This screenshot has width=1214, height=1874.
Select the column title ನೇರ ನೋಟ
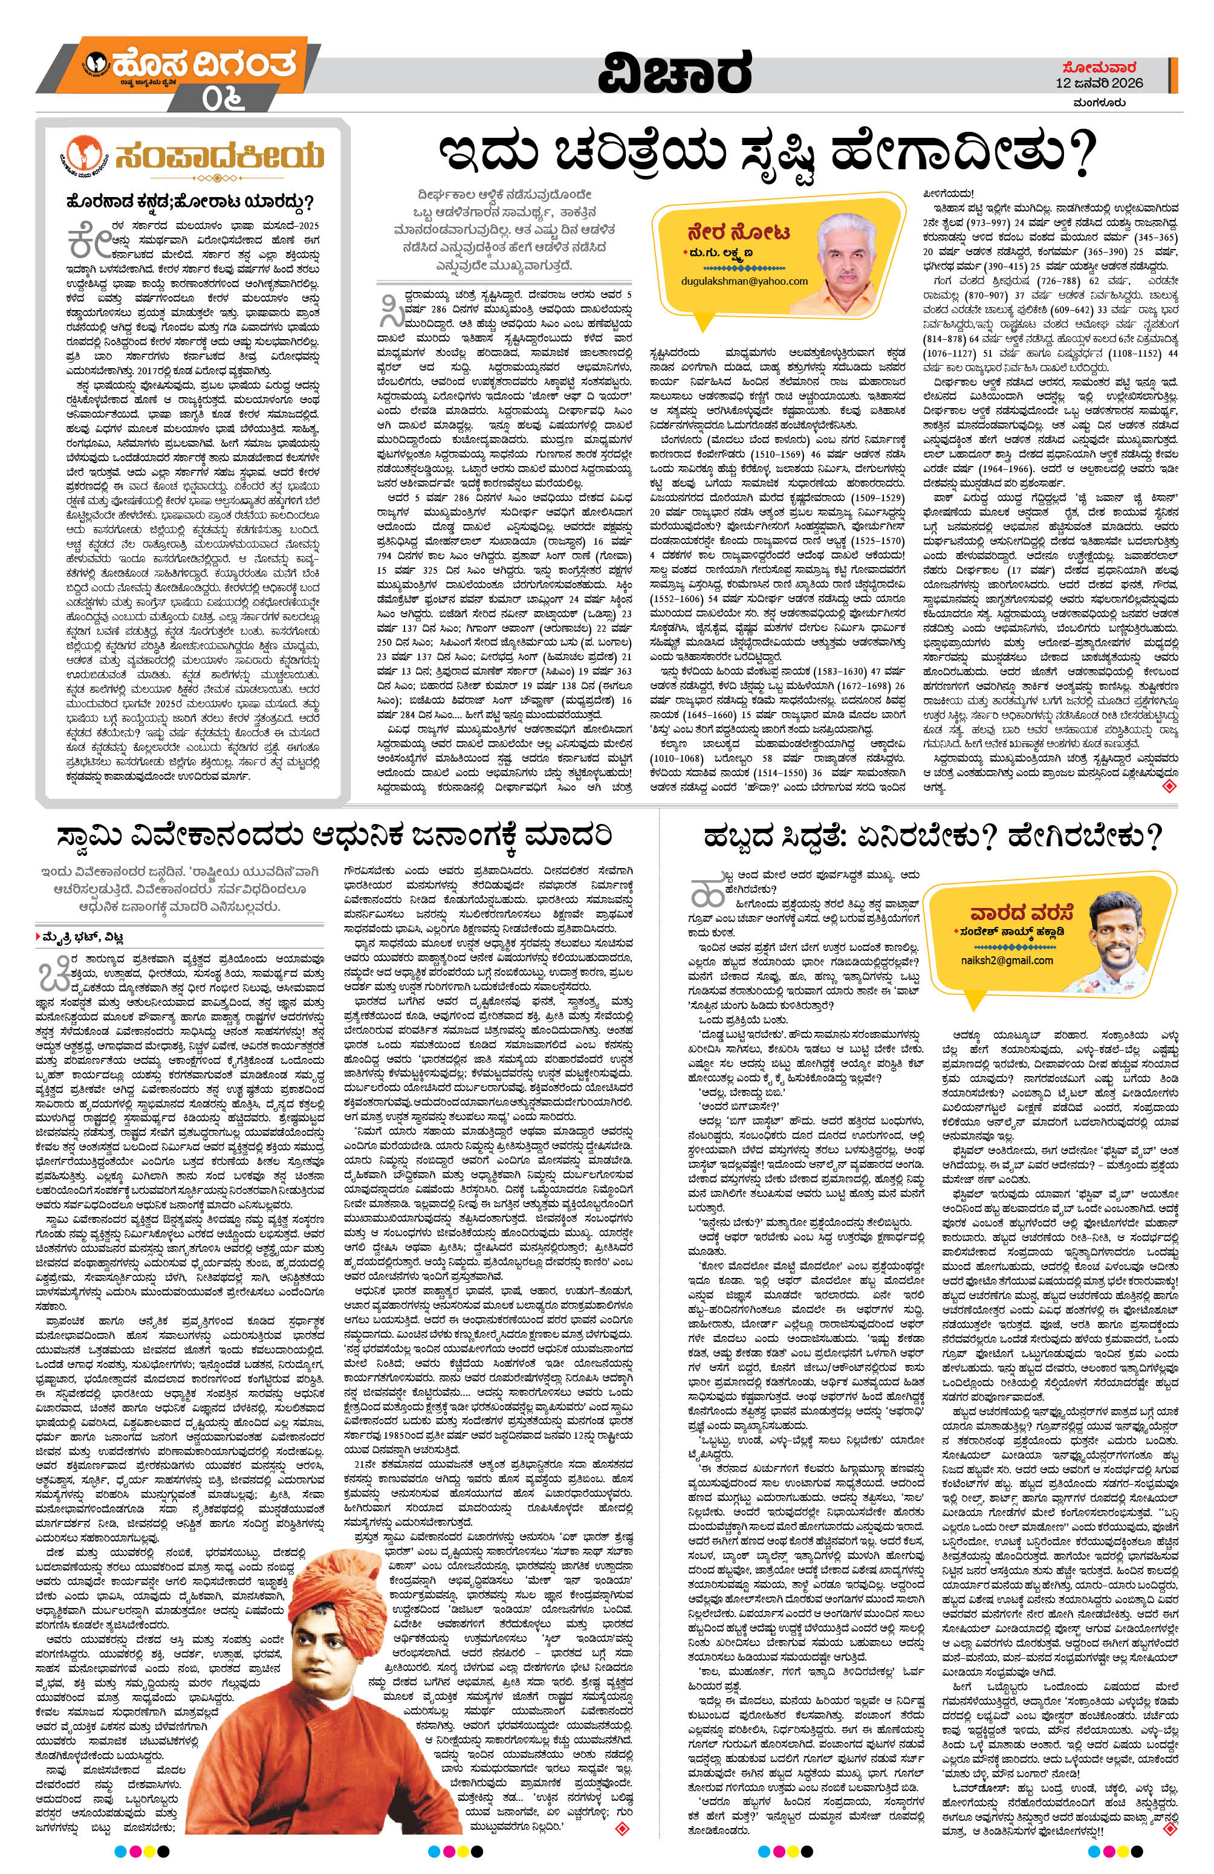(727, 234)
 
